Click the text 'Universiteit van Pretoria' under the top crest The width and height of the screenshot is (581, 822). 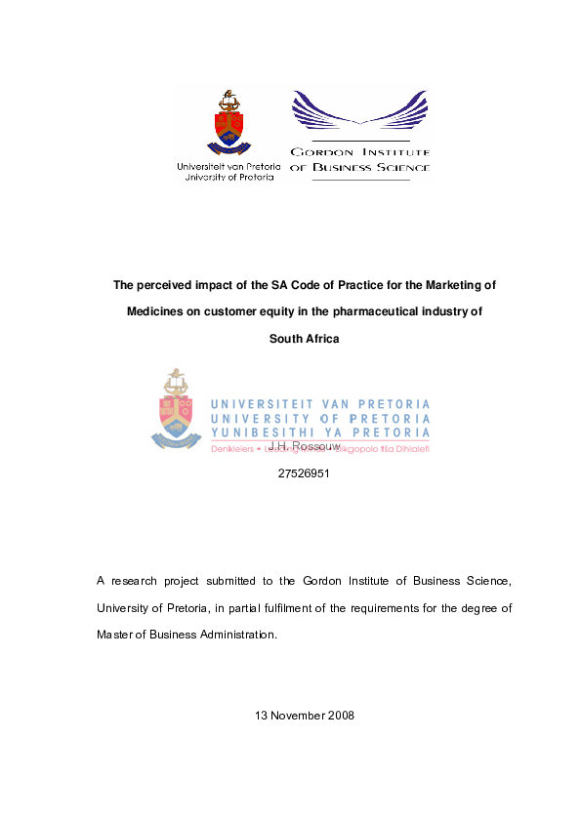(228, 167)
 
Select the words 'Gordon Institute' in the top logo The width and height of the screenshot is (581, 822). (359, 152)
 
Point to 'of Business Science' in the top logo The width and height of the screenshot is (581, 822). (359, 168)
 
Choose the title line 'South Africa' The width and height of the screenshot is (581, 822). (304, 339)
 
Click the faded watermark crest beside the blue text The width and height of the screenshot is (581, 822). (177, 408)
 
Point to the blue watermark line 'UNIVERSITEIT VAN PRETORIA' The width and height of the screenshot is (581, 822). (320, 404)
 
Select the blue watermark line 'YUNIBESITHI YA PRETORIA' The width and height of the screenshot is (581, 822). (320, 432)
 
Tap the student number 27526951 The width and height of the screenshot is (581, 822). (304, 474)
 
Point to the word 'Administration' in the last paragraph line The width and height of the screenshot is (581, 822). (238, 634)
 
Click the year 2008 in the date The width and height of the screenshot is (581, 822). (338, 716)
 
